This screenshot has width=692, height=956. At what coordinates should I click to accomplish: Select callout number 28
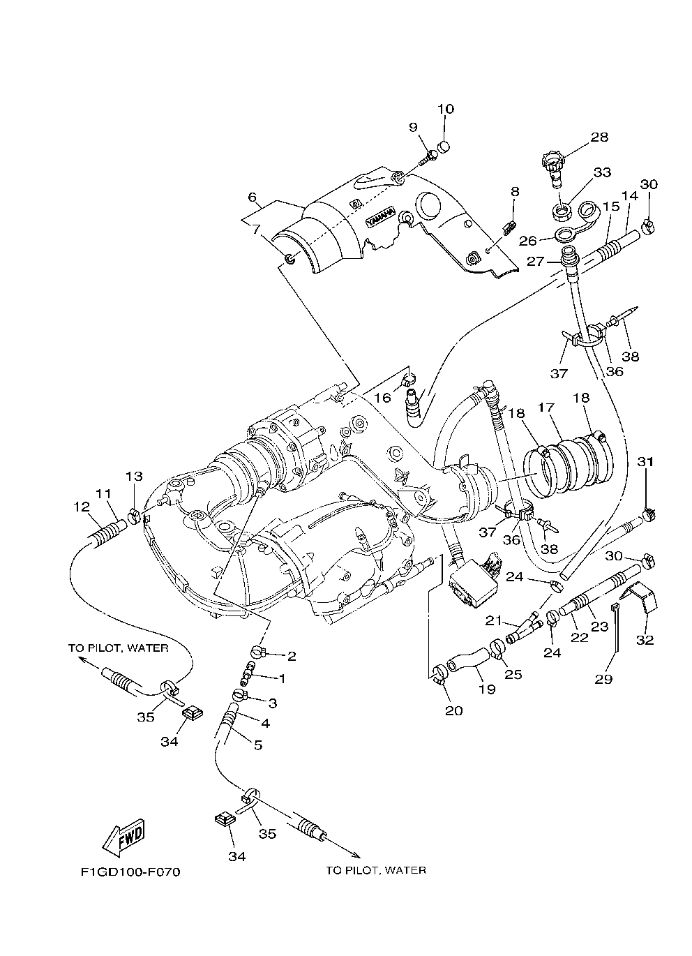pos(599,137)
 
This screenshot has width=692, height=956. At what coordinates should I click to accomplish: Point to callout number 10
pos(446,109)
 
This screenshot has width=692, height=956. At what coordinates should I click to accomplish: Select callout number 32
pos(645,639)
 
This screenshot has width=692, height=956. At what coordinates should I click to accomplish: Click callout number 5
pos(257,745)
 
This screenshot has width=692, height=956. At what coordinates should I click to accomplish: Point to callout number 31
pos(646,461)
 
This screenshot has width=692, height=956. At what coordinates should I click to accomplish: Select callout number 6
pos(252,197)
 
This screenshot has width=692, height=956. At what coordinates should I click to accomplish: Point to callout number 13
pos(134,477)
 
